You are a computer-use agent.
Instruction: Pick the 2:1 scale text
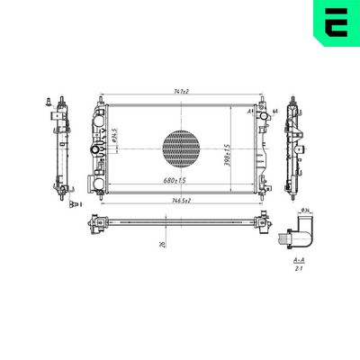(x=298, y=267)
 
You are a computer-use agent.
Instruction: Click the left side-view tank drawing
(x=61, y=148)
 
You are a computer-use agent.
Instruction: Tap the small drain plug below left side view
(x=69, y=206)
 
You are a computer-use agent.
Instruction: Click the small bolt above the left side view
(x=47, y=101)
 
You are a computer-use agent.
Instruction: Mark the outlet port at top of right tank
(x=265, y=114)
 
